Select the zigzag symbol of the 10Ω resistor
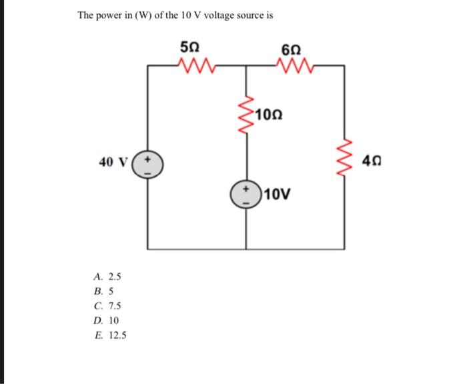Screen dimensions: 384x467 coord(248,113)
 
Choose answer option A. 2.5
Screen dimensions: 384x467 coord(107,276)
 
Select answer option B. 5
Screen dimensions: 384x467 coord(103,291)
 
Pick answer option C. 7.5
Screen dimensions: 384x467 coord(107,305)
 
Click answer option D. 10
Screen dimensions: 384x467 coord(105,320)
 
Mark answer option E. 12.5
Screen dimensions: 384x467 coord(109,335)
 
